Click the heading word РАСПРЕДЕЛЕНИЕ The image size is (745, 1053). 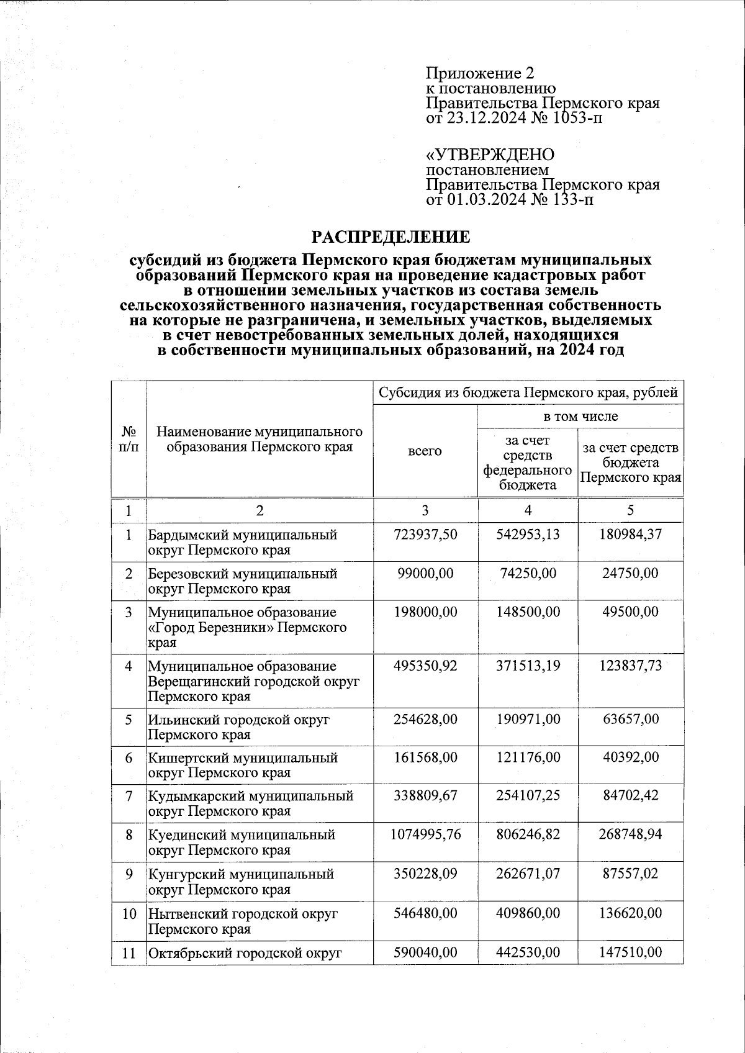tap(391, 237)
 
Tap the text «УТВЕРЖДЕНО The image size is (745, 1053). tap(490, 155)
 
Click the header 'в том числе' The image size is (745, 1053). tap(580, 416)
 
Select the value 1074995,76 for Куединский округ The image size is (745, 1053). tap(425, 834)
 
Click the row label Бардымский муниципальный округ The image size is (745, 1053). tap(242, 542)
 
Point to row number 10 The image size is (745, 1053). tap(129, 913)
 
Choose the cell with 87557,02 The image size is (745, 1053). tap(630, 874)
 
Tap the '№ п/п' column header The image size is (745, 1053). tap(129, 438)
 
